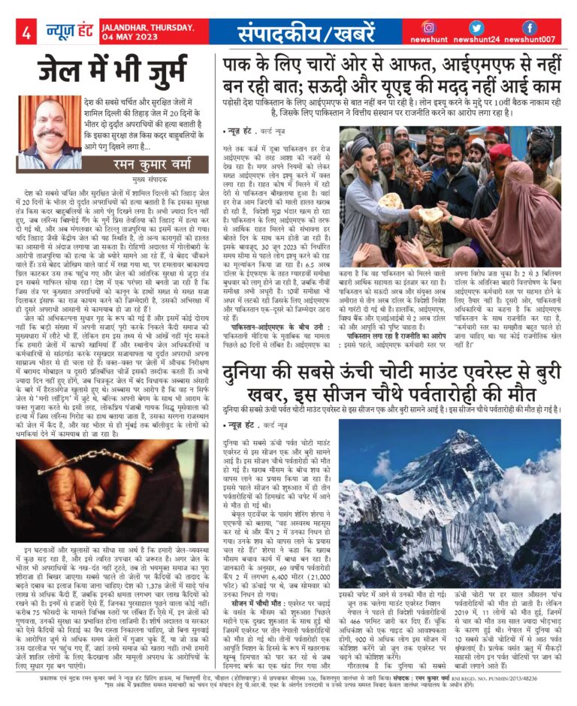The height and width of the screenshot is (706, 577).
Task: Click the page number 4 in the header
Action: click(x=26, y=32)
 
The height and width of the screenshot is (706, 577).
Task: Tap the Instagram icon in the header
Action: click(x=428, y=28)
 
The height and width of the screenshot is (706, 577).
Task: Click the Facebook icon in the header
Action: click(x=530, y=28)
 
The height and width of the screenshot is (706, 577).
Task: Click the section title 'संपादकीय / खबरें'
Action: click(x=301, y=32)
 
